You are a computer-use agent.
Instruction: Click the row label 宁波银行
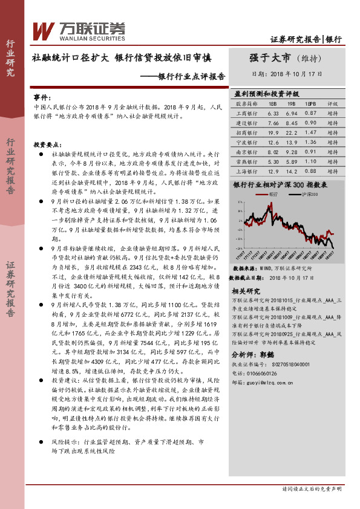pyautogui.click(x=245, y=141)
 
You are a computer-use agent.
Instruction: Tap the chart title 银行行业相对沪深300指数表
pyautogui.click(x=280, y=185)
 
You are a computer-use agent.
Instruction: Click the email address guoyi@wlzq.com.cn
pyautogui.click(x=275, y=382)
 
